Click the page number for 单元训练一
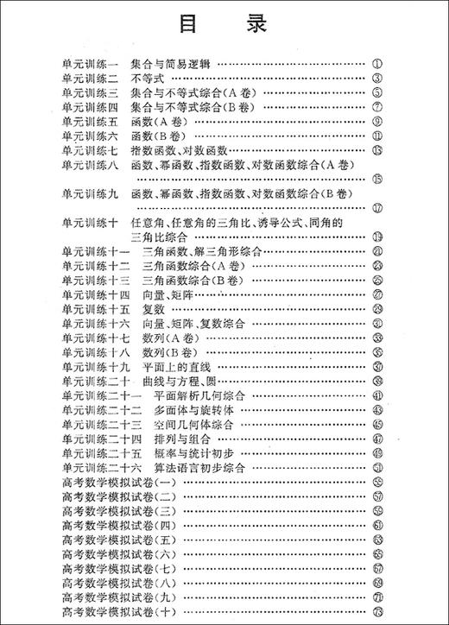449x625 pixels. pyautogui.click(x=377, y=64)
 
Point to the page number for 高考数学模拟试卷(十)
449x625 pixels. pyautogui.click(x=377, y=612)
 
